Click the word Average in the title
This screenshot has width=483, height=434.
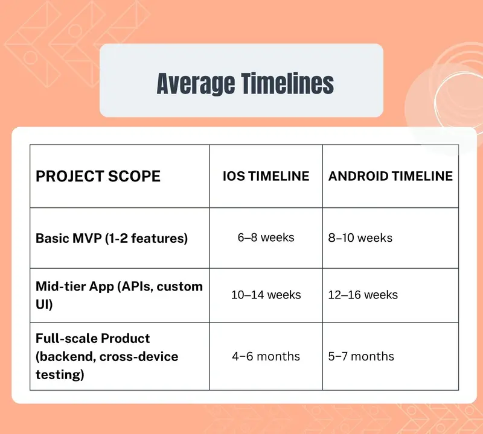click(x=196, y=84)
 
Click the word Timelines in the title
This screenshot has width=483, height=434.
click(x=287, y=83)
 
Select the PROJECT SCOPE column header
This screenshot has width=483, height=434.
click(x=98, y=176)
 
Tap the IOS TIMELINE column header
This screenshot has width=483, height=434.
click(x=266, y=176)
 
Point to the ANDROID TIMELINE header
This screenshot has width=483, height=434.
click(x=390, y=176)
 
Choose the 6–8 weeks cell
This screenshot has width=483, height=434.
click(x=266, y=237)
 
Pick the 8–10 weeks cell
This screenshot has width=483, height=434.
click(x=360, y=237)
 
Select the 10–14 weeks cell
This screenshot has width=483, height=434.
click(x=266, y=295)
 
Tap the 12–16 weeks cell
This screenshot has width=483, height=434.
click(x=363, y=295)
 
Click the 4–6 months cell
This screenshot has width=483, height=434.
click(x=266, y=356)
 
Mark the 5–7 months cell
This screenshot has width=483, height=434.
click(x=361, y=356)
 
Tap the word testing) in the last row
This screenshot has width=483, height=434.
click(x=60, y=375)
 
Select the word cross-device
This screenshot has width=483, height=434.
click(x=139, y=357)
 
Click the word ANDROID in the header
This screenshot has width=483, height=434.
click(x=358, y=176)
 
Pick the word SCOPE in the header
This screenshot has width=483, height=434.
click(x=134, y=176)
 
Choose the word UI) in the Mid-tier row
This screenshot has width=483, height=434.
click(x=44, y=304)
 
